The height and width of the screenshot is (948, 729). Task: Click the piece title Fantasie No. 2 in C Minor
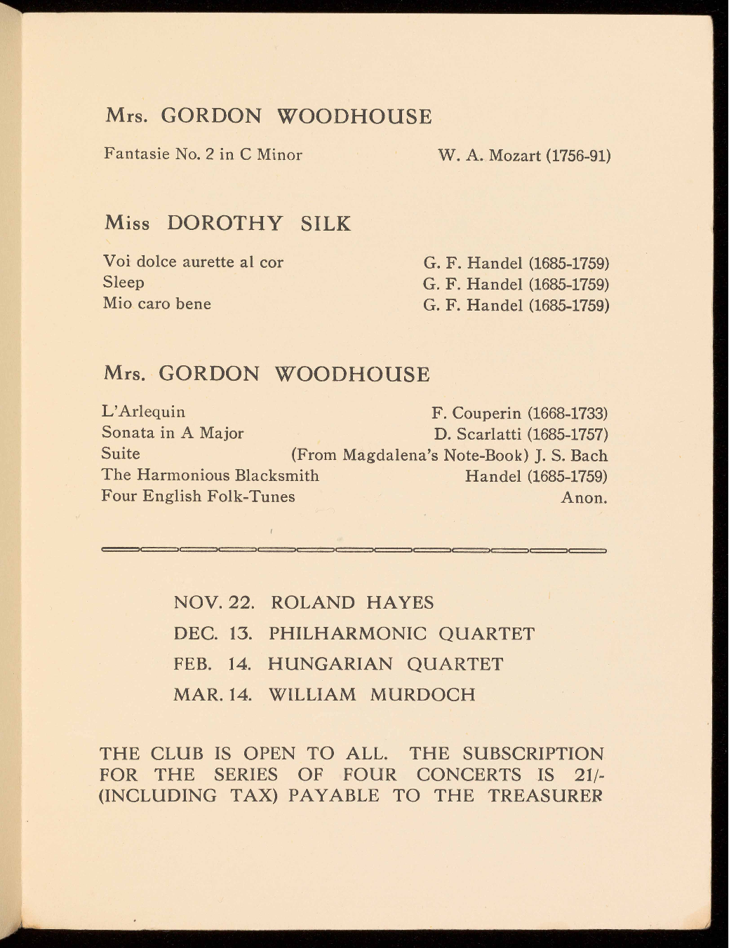click(203, 154)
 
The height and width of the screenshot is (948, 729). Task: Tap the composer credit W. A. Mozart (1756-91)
click(524, 155)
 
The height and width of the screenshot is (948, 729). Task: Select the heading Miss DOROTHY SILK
click(227, 224)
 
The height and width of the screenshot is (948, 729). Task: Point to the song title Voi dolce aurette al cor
click(193, 262)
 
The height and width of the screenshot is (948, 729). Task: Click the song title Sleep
click(123, 283)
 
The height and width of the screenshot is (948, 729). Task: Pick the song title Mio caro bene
click(156, 304)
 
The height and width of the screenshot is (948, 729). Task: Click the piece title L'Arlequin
click(143, 412)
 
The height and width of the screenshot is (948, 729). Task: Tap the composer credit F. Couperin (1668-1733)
click(519, 413)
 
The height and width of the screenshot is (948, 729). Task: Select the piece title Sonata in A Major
click(173, 433)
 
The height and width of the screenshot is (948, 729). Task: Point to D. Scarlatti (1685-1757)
click(521, 434)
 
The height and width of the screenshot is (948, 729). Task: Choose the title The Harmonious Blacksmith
click(210, 475)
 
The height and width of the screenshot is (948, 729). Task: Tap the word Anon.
click(584, 498)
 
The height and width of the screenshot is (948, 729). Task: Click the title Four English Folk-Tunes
click(198, 496)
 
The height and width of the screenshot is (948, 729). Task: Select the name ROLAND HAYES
click(352, 603)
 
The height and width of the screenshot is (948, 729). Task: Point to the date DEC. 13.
click(212, 634)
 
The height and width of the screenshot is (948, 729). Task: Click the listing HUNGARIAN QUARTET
click(385, 664)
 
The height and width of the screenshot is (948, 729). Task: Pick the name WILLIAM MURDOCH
click(372, 695)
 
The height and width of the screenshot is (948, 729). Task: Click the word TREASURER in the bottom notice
click(545, 796)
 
